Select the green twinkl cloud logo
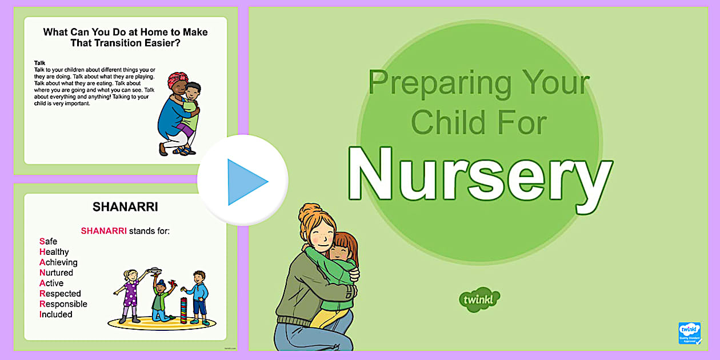pos(479,299)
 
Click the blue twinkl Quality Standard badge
pos(689,333)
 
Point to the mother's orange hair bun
pos(309,212)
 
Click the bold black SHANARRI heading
pos(125,207)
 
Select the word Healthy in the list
pos(54,252)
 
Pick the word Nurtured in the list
pos(56,273)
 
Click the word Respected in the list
pos(60,294)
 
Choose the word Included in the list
pos(55,314)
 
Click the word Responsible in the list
pos(63,304)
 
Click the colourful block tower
pos(183,310)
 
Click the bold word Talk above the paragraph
pos(40,63)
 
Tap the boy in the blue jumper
pos(199,294)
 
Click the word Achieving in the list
pos(58,262)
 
